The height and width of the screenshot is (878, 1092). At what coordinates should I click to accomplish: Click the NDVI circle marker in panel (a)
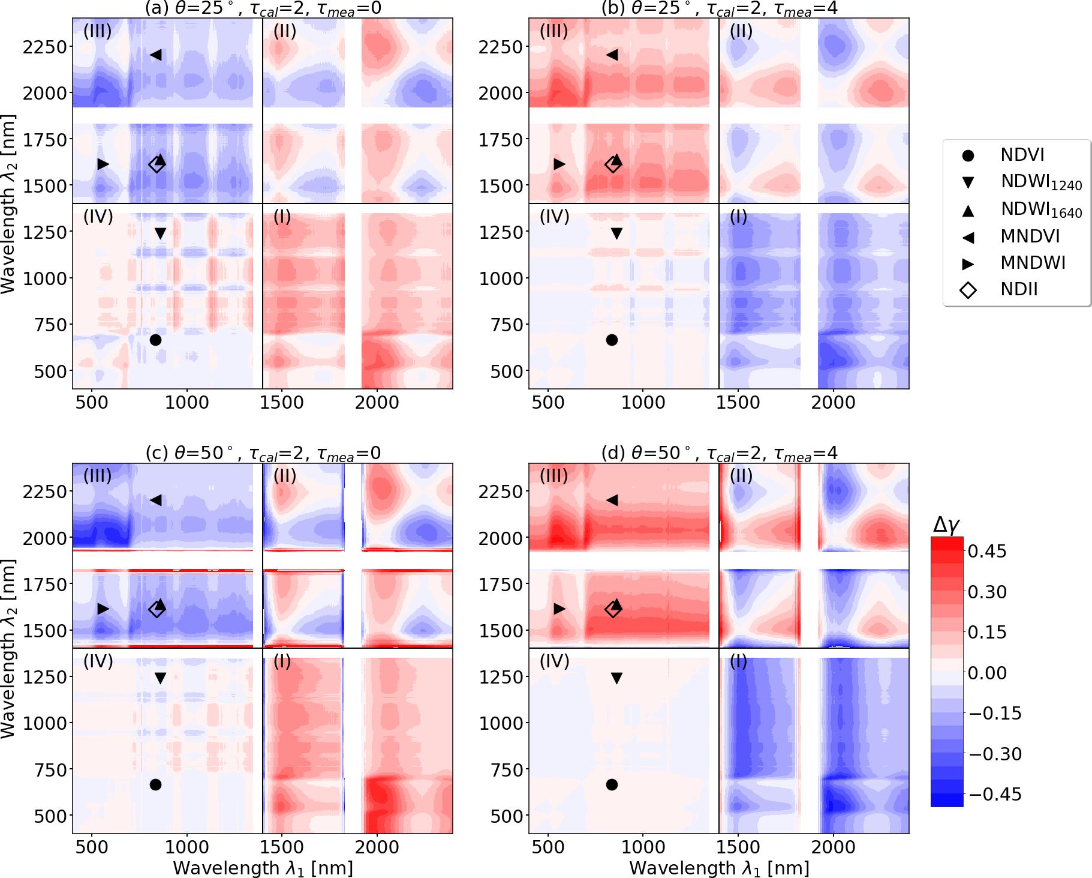[x=155, y=340]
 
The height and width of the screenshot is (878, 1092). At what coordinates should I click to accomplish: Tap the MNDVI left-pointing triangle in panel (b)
[x=612, y=55]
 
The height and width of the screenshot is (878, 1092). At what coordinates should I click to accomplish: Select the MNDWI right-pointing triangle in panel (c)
[x=103, y=609]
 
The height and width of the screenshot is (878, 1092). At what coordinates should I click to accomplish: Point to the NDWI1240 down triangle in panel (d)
[x=616, y=678]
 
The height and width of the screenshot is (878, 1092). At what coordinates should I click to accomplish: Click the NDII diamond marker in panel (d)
[x=613, y=609]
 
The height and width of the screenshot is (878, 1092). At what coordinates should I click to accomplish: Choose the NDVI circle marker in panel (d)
[x=612, y=784]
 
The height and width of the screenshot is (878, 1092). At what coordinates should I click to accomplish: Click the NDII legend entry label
[x=1019, y=289]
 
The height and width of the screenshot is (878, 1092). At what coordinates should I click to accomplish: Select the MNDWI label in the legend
[x=1033, y=263]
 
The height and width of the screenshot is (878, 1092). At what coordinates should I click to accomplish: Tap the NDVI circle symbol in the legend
[x=968, y=155]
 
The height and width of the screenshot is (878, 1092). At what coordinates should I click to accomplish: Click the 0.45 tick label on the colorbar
[x=987, y=551]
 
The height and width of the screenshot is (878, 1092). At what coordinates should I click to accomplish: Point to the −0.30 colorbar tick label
[x=995, y=754]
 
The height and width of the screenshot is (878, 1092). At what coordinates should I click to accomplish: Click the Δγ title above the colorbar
[x=947, y=525]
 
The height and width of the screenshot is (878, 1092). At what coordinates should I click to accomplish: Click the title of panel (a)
[x=263, y=8]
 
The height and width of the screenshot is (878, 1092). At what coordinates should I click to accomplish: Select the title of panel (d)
[x=719, y=453]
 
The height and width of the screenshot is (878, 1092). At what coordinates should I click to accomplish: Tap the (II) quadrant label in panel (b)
[x=741, y=31]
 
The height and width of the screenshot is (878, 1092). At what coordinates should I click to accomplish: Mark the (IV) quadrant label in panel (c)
[x=98, y=661]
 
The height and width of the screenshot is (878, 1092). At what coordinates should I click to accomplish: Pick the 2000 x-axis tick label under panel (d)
[x=833, y=847]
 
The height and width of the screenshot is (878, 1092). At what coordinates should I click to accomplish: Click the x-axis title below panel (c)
[x=263, y=868]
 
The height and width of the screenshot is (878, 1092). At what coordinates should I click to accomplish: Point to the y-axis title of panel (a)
[x=8, y=204]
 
